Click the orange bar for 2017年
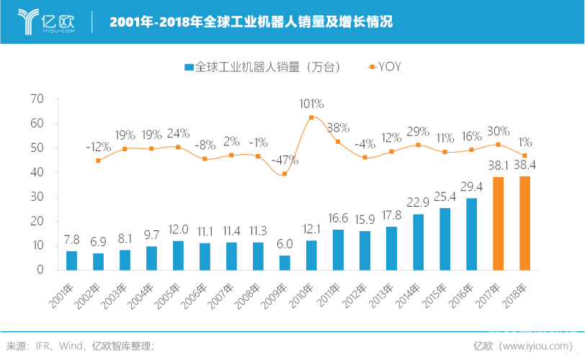pyautogui.click(x=498, y=223)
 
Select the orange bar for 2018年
pyautogui.click(x=524, y=223)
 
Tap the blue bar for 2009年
pyautogui.click(x=285, y=263)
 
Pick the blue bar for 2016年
pyautogui.click(x=471, y=234)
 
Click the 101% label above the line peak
pyautogui.click(x=311, y=104)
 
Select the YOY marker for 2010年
pyautogui.click(x=311, y=117)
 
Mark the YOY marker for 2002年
pyautogui.click(x=98, y=161)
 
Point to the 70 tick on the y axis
pyautogui.click(x=38, y=99)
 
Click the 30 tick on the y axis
pyautogui.click(x=38, y=197)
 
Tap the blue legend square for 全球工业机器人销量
pyautogui.click(x=189, y=67)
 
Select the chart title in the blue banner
pyautogui.click(x=251, y=22)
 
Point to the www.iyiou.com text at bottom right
pyautogui.click(x=537, y=346)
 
